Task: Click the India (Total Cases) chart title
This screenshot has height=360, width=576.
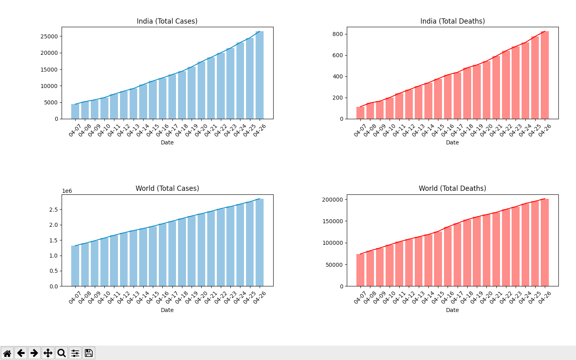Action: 167,21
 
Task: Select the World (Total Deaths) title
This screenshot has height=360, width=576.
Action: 452,188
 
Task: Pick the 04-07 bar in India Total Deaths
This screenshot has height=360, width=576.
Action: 360,113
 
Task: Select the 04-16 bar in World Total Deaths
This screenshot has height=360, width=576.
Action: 448,256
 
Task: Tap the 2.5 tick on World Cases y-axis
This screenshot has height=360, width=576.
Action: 54,210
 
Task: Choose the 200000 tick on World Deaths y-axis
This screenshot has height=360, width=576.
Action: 332,200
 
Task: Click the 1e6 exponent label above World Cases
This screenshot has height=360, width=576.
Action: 67,191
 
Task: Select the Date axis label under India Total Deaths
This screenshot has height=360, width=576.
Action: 452,142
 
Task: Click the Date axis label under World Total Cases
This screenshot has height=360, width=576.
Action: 167,310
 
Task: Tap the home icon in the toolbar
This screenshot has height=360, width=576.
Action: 7,353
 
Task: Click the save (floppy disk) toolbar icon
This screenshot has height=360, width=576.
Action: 89,353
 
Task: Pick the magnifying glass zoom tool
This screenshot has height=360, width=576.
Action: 62,353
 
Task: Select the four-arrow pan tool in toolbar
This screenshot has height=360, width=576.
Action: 48,353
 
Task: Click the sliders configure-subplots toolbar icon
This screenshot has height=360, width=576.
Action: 75,353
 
